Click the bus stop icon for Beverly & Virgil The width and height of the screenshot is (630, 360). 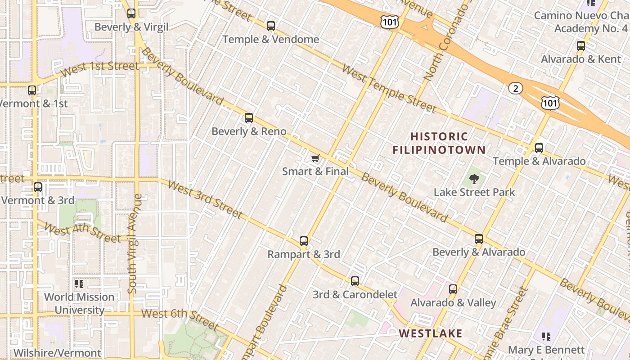[131, 13]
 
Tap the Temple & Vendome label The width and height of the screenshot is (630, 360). [270, 40]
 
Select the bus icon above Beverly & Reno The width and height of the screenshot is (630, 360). [249, 118]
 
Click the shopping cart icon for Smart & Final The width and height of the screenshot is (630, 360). [315, 158]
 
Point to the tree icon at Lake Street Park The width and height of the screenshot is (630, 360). [474, 180]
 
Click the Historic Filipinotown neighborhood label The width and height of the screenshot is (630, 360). [439, 143]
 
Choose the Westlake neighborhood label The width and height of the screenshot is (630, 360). [431, 333]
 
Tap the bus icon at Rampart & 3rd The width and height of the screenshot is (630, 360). [304, 241]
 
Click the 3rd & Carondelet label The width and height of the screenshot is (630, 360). [355, 295]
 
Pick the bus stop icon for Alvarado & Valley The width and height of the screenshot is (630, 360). [453, 289]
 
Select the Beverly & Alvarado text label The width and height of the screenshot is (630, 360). [479, 252]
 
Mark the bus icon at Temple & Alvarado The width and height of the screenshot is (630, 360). [539, 148]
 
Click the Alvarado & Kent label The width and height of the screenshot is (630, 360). [581, 59]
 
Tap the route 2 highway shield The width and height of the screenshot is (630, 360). [515, 88]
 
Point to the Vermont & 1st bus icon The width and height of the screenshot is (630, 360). [32, 90]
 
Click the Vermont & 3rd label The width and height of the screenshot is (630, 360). [38, 200]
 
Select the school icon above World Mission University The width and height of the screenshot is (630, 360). [79, 284]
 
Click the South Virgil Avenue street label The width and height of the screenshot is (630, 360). [135, 243]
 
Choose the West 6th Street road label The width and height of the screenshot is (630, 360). [180, 318]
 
